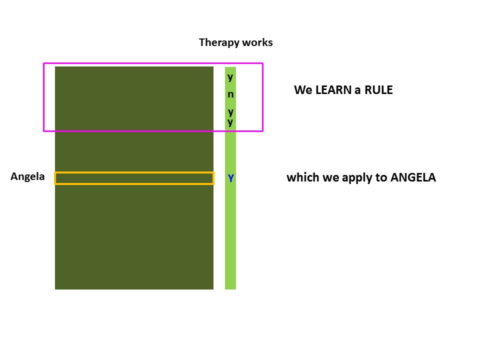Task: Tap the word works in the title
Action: point(257,42)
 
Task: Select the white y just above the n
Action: point(230,77)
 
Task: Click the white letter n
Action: point(230,94)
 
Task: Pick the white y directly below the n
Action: point(230,111)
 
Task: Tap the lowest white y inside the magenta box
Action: point(230,121)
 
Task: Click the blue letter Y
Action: point(231,178)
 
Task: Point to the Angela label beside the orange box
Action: point(27,176)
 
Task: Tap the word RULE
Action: point(377,90)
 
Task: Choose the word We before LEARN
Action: point(303,90)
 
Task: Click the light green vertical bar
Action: point(230,235)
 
